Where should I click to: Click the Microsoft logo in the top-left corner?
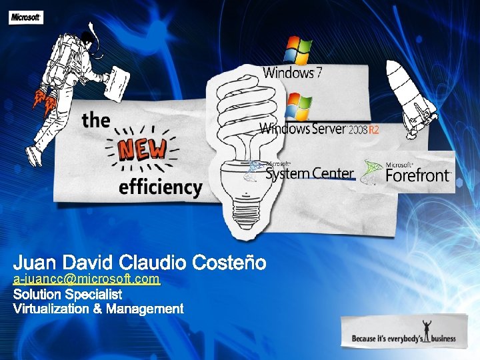(x=26, y=18)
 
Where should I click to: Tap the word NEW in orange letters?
(x=142, y=150)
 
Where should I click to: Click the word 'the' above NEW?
(x=96, y=120)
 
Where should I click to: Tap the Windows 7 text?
(x=293, y=73)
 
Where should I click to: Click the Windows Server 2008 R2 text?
(x=319, y=129)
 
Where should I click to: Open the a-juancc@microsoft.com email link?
(x=87, y=279)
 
